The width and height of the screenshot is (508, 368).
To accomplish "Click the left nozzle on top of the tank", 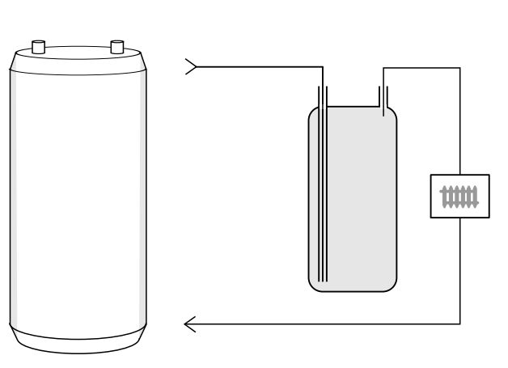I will pos(37,44).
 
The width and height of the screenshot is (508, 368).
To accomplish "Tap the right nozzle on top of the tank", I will pos(116,44).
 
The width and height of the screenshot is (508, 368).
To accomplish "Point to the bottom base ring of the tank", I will pos(78,341).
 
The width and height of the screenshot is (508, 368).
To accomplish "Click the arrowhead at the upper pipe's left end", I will pos(191,67).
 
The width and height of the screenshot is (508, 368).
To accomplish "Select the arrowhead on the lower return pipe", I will pos(190,325).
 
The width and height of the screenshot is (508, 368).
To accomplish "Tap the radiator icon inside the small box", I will pos(459,196).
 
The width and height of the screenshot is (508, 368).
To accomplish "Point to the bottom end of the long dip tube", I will pos(322,279).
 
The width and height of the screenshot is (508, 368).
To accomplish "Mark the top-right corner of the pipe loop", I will pos(460,68).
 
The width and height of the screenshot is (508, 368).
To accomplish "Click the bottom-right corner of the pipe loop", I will pos(460,325).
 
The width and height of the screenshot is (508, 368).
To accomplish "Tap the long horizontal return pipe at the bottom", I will pos(324,325).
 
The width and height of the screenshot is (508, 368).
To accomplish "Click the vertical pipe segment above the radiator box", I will pos(460,121).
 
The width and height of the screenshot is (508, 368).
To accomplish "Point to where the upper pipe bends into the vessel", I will pos(322,68).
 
